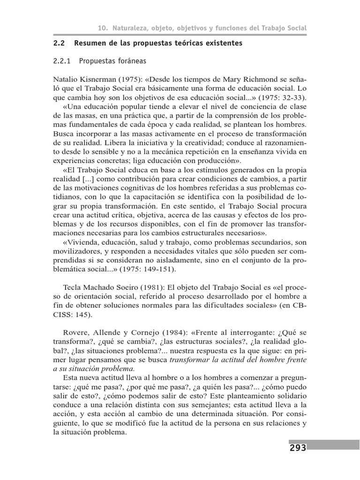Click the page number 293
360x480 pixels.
[x=298, y=448]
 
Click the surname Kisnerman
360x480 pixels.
[x=96, y=79]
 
